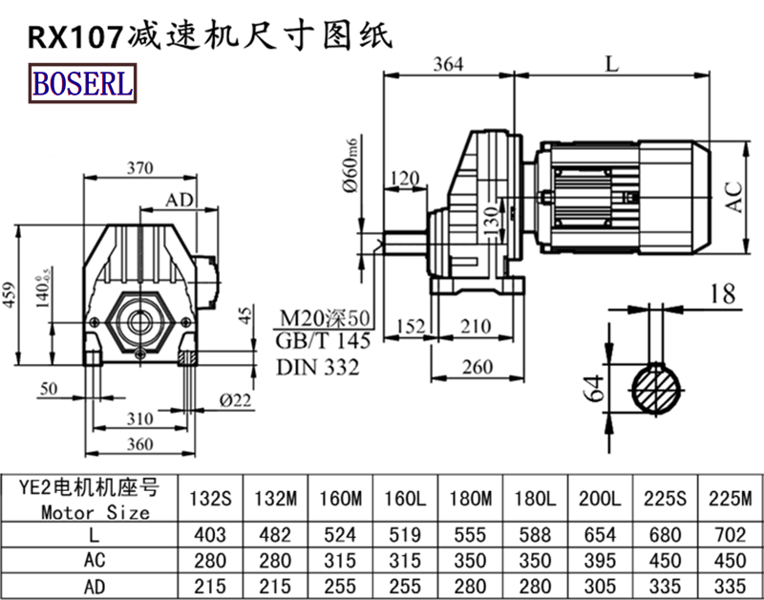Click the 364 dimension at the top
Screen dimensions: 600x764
447,64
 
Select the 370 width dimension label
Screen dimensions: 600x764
140,168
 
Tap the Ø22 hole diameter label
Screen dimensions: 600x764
233,399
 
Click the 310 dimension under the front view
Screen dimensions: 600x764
140,420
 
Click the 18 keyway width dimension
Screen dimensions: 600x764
722,294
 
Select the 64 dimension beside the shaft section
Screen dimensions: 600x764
593,388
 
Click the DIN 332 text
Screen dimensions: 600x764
318,366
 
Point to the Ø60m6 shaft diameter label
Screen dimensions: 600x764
350,166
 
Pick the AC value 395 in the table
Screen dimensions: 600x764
600,558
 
